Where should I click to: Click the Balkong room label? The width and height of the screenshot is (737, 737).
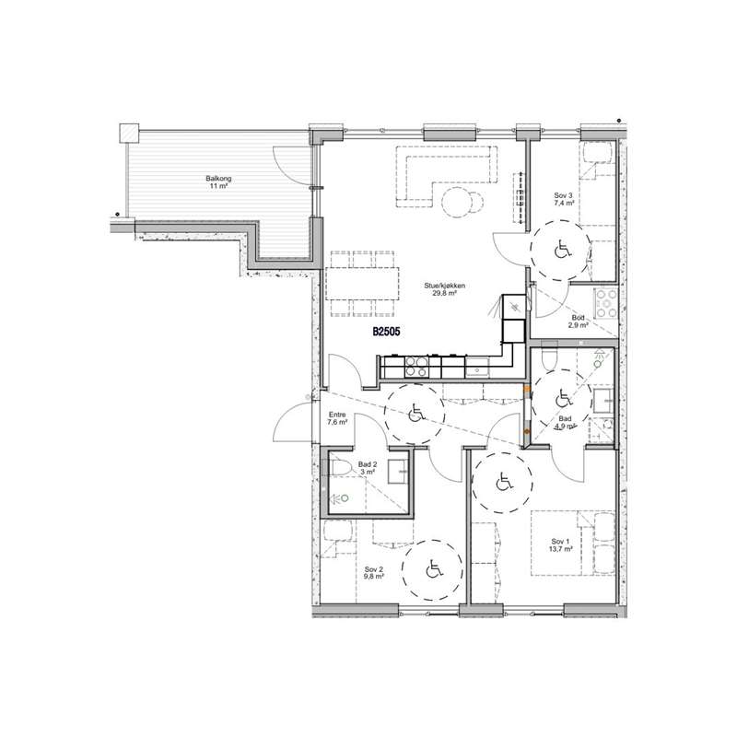pyautogui.click(x=218, y=179)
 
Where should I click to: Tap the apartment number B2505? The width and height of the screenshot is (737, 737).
pyautogui.click(x=386, y=332)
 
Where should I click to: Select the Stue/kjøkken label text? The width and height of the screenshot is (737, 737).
pyautogui.click(x=445, y=286)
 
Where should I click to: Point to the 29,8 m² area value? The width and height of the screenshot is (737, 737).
pyautogui.click(x=445, y=293)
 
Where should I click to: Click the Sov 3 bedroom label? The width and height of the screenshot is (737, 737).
pyautogui.click(x=564, y=195)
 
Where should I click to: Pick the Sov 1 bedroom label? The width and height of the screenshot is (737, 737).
pyautogui.click(x=561, y=542)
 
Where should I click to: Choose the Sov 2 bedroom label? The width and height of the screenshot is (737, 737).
pyautogui.click(x=374, y=568)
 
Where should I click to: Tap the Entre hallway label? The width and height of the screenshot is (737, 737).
pyautogui.click(x=337, y=415)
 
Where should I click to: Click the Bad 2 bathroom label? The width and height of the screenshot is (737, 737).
pyautogui.click(x=368, y=464)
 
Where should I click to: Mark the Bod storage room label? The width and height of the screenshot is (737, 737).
pyautogui.click(x=579, y=318)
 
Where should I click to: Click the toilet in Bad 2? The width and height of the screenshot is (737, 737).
pyautogui.click(x=340, y=468)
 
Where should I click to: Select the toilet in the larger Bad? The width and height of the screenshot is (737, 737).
pyautogui.click(x=549, y=359)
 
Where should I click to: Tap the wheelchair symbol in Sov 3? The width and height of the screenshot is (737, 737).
pyautogui.click(x=562, y=249)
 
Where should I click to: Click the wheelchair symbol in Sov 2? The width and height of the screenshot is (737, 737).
pyautogui.click(x=434, y=570)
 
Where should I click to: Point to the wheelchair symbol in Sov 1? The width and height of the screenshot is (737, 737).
pyautogui.click(x=504, y=482)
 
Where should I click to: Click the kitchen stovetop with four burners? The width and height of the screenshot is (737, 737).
pyautogui.click(x=416, y=367)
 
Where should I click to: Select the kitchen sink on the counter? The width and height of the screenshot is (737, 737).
pyautogui.click(x=477, y=367)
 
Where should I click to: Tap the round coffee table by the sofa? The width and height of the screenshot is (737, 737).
pyautogui.click(x=455, y=202)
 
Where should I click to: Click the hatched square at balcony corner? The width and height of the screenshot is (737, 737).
pyautogui.click(x=129, y=133)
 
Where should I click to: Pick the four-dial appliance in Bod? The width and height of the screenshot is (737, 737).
pyautogui.click(x=606, y=303)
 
